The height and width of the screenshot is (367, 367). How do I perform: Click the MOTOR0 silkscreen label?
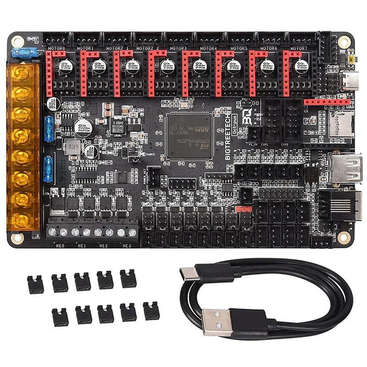click(x=56, y=47)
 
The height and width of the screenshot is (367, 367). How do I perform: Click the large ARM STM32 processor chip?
click(x=189, y=135)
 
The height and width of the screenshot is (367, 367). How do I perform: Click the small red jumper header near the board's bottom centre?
click(x=242, y=209)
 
